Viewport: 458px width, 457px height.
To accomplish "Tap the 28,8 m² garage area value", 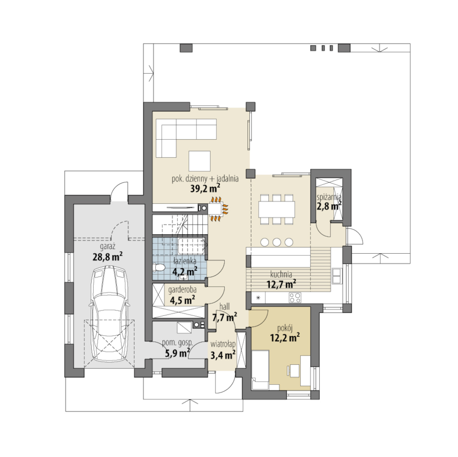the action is coord(108,256).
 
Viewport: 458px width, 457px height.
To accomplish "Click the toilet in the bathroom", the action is coord(159,267).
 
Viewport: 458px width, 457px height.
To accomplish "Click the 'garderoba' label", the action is coord(182,290).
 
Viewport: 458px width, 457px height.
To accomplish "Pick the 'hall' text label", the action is coord(224,306).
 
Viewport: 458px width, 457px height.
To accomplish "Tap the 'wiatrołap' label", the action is coord(223,344).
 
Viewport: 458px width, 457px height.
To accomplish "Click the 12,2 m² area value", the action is coord(285,338).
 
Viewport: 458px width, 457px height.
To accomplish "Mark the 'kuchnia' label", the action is coord(281,274).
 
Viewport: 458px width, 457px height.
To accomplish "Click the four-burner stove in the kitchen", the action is coord(294,297).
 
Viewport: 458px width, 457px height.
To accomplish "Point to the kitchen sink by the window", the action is coord(336,276).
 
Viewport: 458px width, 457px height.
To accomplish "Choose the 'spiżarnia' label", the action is coord(329,197).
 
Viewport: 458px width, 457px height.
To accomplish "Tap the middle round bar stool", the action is coord(277,242).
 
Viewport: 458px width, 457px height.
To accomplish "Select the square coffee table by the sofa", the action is coord(199,161).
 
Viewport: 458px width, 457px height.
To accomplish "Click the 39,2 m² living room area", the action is coord(205,189).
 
